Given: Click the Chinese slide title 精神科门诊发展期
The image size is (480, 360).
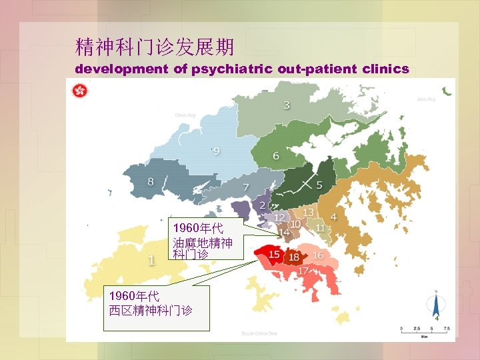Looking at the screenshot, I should (x=155, y=47).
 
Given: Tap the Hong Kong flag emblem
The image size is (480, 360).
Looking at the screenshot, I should (x=79, y=91).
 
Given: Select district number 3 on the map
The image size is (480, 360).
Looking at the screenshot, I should (x=287, y=105).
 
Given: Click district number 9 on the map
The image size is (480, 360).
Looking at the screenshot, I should (x=216, y=151).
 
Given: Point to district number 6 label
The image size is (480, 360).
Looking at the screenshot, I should (x=275, y=155).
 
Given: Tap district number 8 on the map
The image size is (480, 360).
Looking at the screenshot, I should (x=151, y=181).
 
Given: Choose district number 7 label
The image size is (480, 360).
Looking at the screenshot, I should (x=246, y=187).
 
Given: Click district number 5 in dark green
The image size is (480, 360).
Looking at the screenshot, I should (x=319, y=185).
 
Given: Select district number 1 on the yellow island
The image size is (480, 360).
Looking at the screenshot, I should (x=151, y=260).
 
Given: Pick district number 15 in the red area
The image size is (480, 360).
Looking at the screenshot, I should (x=274, y=254).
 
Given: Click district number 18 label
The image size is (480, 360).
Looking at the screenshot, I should (x=293, y=257).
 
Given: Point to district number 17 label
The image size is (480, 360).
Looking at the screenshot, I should (x=303, y=271).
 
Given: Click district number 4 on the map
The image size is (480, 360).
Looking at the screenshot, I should (x=333, y=217).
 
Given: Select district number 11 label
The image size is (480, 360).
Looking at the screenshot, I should (x=321, y=228).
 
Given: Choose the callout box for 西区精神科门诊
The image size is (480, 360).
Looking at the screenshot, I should (x=158, y=307).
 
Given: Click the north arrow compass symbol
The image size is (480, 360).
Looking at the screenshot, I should (x=435, y=306).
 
